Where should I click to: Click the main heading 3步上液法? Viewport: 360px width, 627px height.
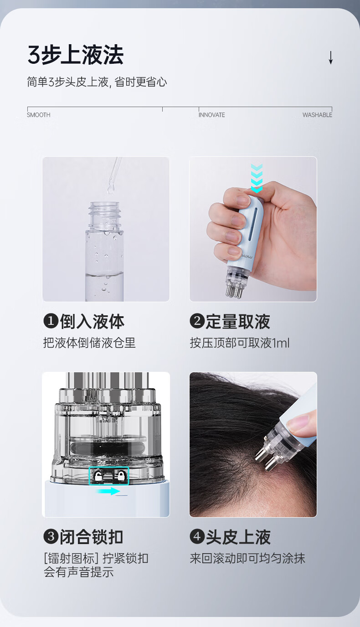(x=76, y=55)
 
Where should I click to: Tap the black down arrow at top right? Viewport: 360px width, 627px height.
(x=330, y=58)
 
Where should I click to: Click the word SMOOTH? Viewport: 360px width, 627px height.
(x=39, y=115)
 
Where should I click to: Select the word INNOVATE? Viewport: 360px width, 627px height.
(x=211, y=115)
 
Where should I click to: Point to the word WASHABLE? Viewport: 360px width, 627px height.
(x=317, y=115)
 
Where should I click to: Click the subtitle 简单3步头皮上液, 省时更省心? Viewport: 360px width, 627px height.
(x=97, y=82)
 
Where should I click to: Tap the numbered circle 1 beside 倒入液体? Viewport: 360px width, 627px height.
(x=51, y=321)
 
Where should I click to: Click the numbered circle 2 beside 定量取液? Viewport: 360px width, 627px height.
(x=197, y=321)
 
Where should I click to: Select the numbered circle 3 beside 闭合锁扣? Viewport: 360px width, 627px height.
(x=51, y=536)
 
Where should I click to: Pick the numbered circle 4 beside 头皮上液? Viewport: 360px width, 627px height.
(x=197, y=536)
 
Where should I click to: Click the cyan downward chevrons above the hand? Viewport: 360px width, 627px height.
(x=257, y=178)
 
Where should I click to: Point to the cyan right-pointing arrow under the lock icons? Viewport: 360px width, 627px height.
(x=108, y=491)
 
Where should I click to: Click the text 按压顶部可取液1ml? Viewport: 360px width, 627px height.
(x=240, y=343)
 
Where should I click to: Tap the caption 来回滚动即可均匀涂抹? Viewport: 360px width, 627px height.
(x=247, y=558)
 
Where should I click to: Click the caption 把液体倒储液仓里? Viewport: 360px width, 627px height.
(x=89, y=343)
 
